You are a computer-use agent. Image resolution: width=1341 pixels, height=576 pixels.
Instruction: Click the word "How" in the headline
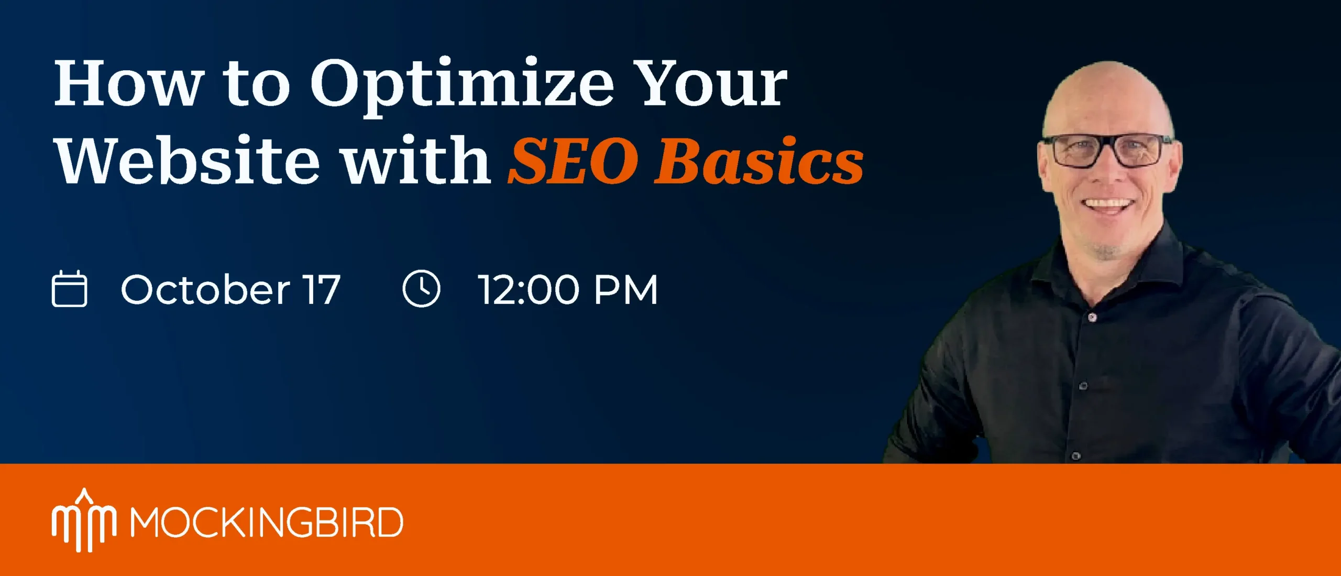(x=129, y=82)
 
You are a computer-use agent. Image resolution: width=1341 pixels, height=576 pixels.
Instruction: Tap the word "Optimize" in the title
(x=461, y=86)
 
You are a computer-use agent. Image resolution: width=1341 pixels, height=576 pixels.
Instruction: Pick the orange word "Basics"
(x=759, y=160)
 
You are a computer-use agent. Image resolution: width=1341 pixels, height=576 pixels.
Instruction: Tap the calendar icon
(x=70, y=289)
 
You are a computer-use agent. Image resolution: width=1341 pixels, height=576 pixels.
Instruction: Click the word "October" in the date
(x=205, y=289)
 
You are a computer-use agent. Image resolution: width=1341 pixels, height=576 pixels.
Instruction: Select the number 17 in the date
(x=323, y=289)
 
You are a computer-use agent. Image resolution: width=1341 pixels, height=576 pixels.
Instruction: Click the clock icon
(x=422, y=289)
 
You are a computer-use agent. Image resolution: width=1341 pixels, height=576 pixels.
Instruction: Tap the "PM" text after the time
(x=626, y=290)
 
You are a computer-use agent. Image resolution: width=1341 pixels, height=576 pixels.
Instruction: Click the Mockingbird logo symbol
(x=84, y=520)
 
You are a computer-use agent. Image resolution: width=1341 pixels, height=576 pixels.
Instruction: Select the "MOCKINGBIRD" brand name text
(x=267, y=522)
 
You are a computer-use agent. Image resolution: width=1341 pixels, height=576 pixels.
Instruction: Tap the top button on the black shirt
(x=1092, y=317)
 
